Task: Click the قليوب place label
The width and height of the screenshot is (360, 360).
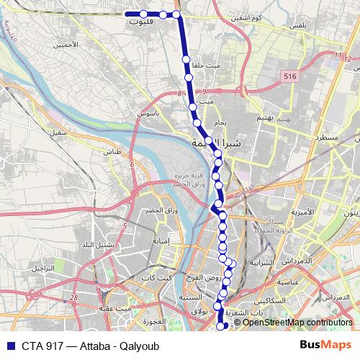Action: [142, 22]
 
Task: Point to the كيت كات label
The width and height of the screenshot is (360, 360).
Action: [159, 277]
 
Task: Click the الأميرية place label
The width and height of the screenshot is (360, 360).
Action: [301, 212]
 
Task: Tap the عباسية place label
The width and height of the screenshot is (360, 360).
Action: [298, 281]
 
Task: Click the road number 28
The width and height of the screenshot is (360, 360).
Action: [74, 297]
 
